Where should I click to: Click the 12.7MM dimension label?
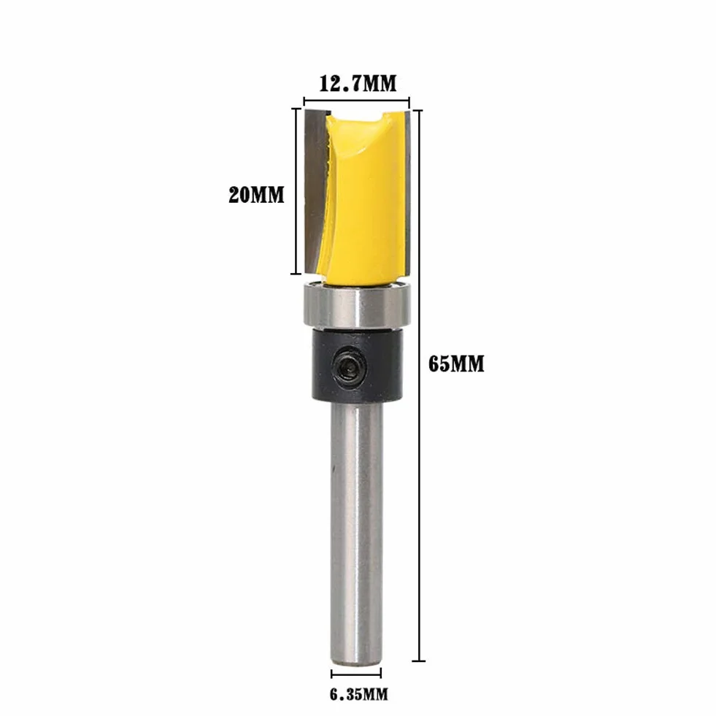pyautogui.click(x=357, y=83)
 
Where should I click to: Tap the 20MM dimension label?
pyautogui.click(x=256, y=195)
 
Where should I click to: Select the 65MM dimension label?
pyautogui.click(x=456, y=364)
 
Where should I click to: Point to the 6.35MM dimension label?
pyautogui.click(x=359, y=695)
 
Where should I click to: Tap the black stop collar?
pyautogui.click(x=358, y=366)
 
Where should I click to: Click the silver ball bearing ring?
pyautogui.click(x=357, y=305)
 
